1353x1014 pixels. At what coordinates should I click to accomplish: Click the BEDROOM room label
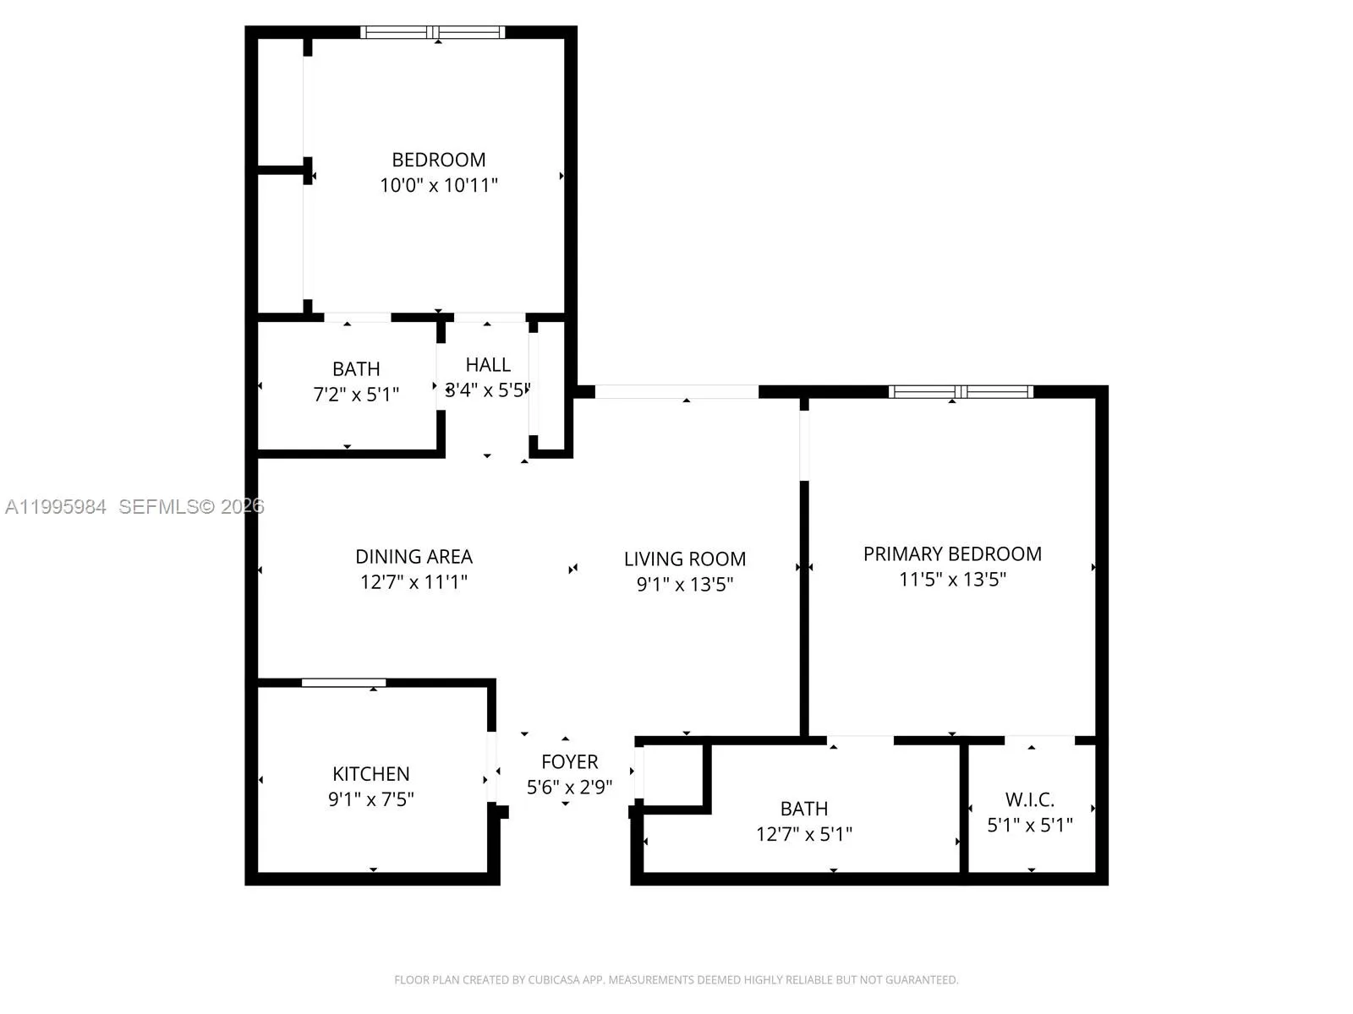438,160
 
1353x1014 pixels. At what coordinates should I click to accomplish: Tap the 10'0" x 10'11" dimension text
438,185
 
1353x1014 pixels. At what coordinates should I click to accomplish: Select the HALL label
488,365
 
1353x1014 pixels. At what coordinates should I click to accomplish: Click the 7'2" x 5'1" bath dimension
356,394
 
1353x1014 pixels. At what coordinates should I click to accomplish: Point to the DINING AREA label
414,557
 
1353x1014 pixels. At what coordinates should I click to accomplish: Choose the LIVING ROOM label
685,559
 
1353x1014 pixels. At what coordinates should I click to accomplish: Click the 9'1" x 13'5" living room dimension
685,584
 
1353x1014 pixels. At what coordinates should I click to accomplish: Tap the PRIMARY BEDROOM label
952,554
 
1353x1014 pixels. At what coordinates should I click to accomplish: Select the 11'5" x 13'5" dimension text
952,580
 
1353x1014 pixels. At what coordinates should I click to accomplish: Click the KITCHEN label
371,774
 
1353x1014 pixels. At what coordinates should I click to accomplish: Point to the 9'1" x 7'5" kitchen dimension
371,799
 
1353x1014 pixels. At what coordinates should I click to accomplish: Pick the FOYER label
570,762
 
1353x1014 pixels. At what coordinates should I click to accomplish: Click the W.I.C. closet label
1030,799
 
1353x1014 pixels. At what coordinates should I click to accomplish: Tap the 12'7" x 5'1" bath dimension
804,834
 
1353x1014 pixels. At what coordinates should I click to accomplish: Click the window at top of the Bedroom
433,33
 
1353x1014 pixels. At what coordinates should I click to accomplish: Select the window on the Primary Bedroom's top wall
961,391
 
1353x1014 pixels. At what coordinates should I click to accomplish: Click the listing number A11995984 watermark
56,507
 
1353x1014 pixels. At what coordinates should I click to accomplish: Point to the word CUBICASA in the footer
554,980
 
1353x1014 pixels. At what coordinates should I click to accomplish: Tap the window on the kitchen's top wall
344,683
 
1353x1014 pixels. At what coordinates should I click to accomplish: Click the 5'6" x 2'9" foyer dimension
570,788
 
